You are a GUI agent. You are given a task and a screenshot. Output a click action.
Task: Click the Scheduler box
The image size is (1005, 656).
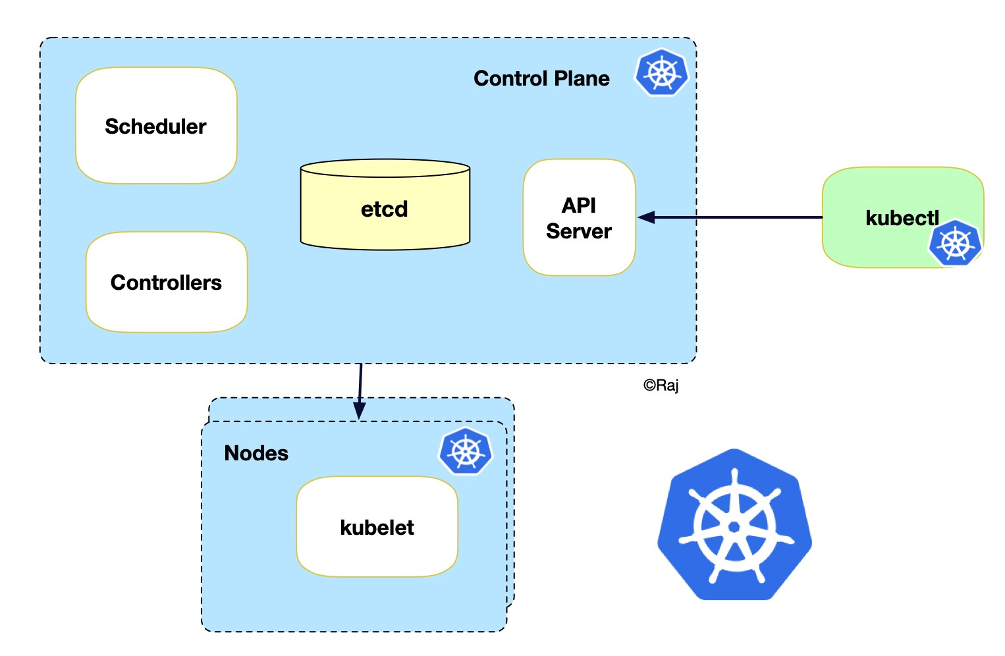click(156, 126)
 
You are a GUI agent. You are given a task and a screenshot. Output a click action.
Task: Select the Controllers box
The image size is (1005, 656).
click(167, 283)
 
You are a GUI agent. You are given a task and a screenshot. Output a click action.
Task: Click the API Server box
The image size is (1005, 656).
click(579, 218)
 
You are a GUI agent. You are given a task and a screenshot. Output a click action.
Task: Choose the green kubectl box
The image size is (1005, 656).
click(883, 217)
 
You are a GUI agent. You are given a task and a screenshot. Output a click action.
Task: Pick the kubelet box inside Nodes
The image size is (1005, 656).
click(377, 528)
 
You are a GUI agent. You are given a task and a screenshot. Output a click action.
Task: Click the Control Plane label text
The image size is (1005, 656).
click(541, 78)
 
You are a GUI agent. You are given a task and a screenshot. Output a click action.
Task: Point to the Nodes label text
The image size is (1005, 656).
click(256, 453)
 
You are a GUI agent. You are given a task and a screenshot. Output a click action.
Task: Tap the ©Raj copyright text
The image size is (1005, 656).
click(661, 385)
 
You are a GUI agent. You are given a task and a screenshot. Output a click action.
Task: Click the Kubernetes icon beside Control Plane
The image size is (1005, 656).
click(661, 72)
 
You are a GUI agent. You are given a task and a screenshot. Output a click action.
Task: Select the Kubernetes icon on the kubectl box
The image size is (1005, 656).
click(955, 243)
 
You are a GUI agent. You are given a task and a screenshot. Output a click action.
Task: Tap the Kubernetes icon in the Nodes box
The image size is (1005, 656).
click(466, 451)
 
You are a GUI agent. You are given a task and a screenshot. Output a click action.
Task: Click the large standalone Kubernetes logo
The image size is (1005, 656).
click(734, 525)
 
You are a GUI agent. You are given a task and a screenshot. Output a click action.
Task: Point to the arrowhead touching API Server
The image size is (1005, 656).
click(645, 217)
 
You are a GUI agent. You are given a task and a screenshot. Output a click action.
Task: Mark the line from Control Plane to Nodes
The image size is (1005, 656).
click(360, 382)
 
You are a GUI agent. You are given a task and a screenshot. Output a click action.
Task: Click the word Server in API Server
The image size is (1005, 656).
click(579, 231)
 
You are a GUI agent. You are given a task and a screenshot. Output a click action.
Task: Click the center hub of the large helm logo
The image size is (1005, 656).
click(734, 526)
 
